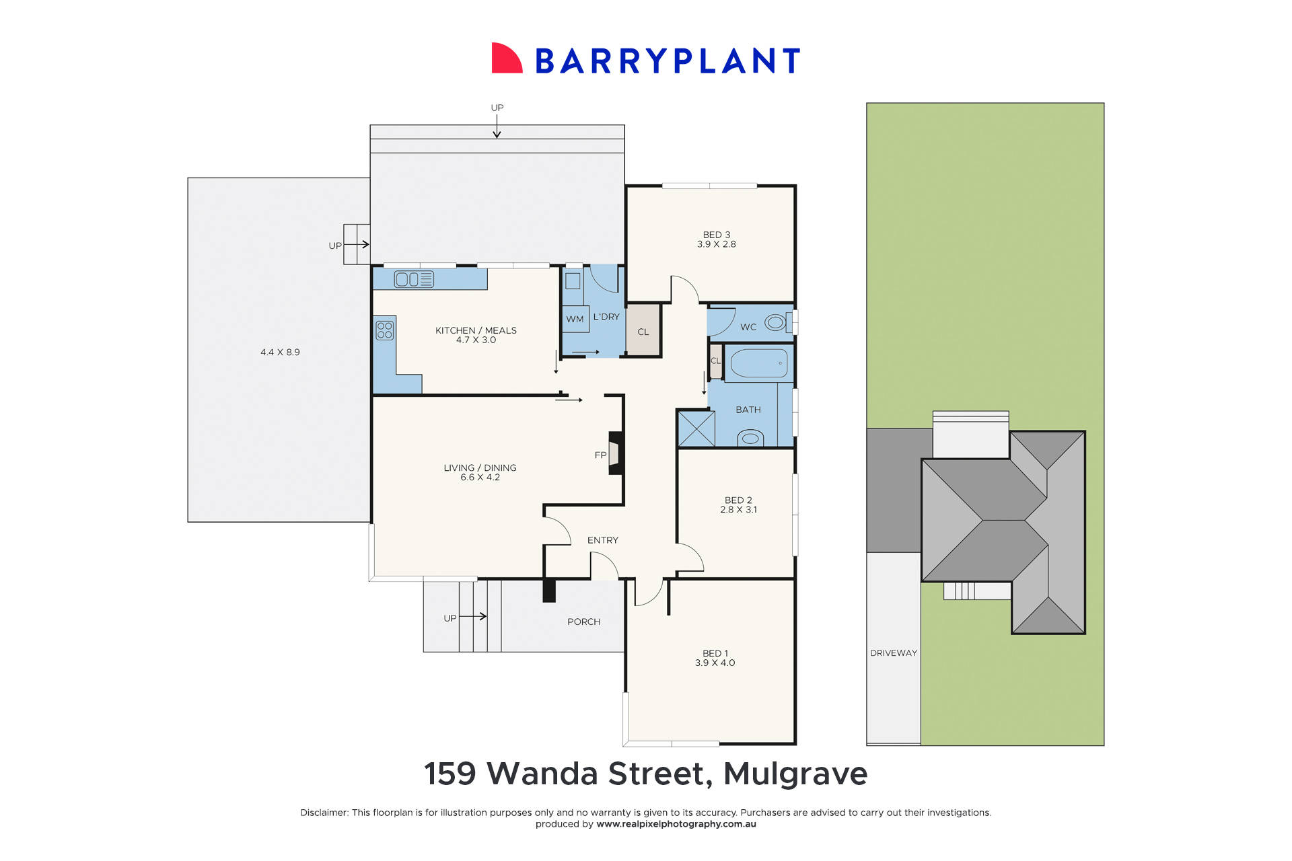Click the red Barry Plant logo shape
507,59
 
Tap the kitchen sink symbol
414,279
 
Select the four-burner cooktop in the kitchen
385,330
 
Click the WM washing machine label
575,319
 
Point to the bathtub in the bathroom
759,363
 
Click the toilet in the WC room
776,323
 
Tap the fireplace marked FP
615,453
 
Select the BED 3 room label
716,235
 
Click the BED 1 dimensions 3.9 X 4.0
715,663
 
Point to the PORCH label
583,622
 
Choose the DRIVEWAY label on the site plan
894,653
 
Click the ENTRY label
602,540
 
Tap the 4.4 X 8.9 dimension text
280,352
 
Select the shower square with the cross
696,428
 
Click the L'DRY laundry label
606,317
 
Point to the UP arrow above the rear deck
497,125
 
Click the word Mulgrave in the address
795,774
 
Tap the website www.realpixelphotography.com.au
676,824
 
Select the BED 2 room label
738,500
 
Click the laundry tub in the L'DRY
573,280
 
